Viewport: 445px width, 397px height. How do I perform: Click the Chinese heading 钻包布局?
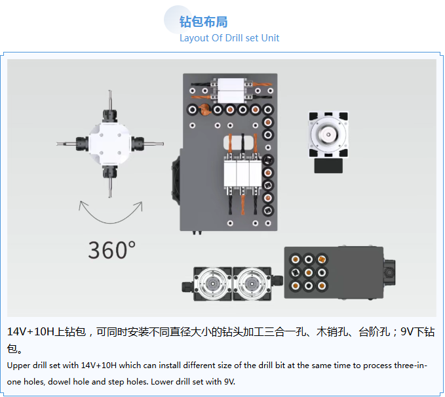pyautogui.click(x=203, y=22)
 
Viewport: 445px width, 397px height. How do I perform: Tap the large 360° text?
pyautogui.click(x=111, y=250)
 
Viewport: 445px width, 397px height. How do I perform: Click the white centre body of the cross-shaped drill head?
pyautogui.click(x=109, y=142)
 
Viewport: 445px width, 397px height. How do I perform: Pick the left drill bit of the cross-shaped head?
pyautogui.click(x=66, y=142)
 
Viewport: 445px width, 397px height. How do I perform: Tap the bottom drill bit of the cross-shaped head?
pyautogui.click(x=109, y=186)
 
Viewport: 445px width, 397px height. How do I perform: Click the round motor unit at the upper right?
pyautogui.click(x=326, y=134)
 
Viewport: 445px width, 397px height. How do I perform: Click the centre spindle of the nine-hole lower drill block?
pyautogui.click(x=309, y=272)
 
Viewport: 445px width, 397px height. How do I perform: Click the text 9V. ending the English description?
pyautogui.click(x=227, y=381)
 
